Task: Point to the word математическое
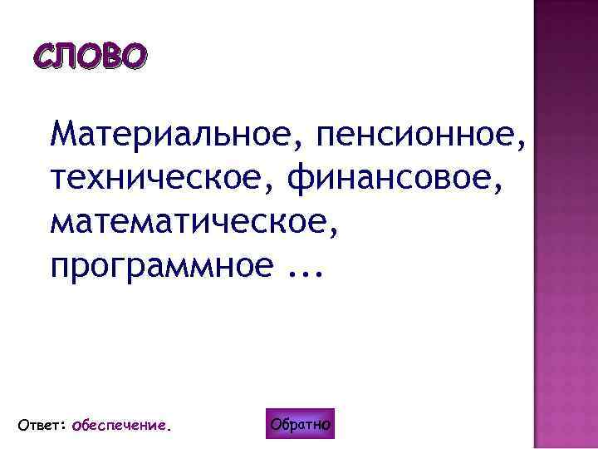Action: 190,222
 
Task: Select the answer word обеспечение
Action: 119,426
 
